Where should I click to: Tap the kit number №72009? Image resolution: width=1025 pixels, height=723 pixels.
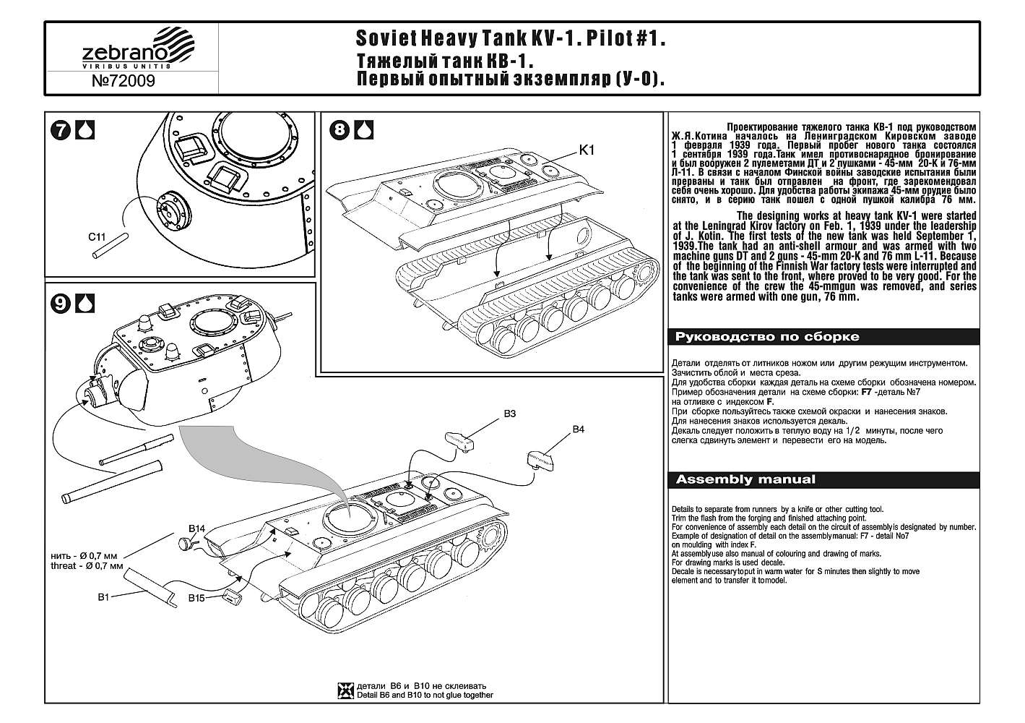pyautogui.click(x=123, y=81)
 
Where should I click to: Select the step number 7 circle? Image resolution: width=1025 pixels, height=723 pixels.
pyautogui.click(x=62, y=130)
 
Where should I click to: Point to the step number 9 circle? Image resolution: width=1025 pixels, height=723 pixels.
pyautogui.click(x=62, y=304)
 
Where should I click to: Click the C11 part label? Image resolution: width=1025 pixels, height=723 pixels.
pyautogui.click(x=97, y=236)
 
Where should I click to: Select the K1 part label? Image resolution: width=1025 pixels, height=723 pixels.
pyautogui.click(x=587, y=150)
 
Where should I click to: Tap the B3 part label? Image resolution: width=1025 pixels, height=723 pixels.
pyautogui.click(x=509, y=414)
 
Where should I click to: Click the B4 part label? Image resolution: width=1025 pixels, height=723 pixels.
pyautogui.click(x=578, y=429)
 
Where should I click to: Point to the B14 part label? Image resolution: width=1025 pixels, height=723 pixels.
pyautogui.click(x=197, y=529)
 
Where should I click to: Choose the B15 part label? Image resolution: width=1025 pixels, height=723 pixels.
pyautogui.click(x=196, y=598)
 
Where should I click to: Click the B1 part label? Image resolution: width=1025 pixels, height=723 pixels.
pyautogui.click(x=103, y=598)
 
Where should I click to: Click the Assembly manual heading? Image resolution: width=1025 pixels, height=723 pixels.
pyautogui.click(x=745, y=479)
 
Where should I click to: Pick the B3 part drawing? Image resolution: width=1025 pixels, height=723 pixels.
pyautogui.click(x=458, y=439)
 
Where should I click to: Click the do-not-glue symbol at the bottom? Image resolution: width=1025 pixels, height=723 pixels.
pyautogui.click(x=345, y=690)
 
